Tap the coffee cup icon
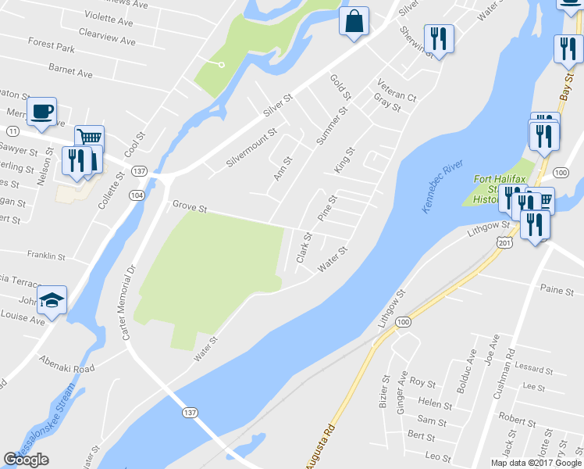point(41,111)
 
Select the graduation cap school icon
point(52,300)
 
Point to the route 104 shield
point(137,195)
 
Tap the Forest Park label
point(51,47)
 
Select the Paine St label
point(557,288)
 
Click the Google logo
point(26,459)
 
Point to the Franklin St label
point(45,255)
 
